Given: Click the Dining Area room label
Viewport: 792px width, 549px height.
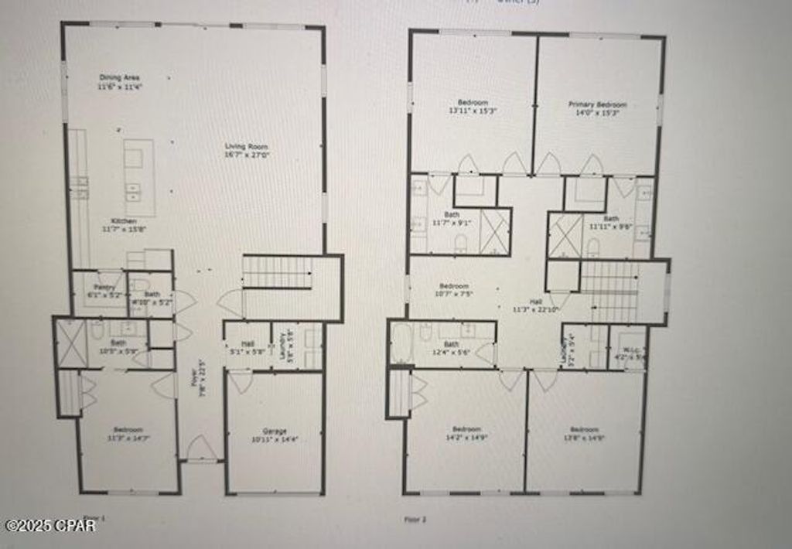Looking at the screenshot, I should tap(114, 82).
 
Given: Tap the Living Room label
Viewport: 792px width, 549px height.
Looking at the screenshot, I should tap(247, 151).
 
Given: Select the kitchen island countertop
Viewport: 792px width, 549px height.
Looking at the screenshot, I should tap(139, 178).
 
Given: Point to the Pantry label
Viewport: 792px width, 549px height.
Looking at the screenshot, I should tap(104, 290).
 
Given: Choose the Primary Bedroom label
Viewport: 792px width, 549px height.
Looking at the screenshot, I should tap(597, 107).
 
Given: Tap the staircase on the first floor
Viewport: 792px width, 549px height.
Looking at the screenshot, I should tap(277, 272).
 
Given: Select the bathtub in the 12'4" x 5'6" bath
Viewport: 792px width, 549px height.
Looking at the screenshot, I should tap(401, 343).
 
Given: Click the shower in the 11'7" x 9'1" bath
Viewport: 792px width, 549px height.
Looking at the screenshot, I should tap(495, 231).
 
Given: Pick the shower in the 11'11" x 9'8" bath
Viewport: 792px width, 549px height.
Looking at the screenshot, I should tap(565, 236).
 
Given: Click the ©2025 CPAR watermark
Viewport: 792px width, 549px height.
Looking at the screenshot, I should tap(51, 526).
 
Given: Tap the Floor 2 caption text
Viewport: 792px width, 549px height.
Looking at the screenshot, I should tap(415, 520).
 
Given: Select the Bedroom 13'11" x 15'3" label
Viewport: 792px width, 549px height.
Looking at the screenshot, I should tap(473, 107).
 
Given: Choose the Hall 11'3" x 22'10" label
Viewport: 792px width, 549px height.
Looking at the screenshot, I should tap(535, 305).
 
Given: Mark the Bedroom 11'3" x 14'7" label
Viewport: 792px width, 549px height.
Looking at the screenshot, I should tap(128, 433).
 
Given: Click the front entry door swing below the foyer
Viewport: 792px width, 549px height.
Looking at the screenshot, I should tap(202, 448).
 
